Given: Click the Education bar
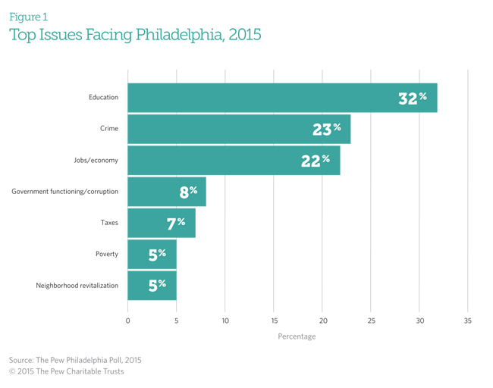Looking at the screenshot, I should [x=282, y=98].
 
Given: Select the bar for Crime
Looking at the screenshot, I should [x=239, y=129].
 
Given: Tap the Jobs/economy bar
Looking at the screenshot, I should [x=234, y=160].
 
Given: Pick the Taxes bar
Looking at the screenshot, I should [x=161, y=223].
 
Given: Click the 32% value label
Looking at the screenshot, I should [x=413, y=98].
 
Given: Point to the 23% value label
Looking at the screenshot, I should [x=326, y=129].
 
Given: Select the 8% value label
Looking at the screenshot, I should [x=188, y=192].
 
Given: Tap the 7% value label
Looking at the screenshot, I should [x=176, y=223].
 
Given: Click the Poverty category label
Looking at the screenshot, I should [x=107, y=254].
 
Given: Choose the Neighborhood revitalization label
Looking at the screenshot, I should [x=77, y=286].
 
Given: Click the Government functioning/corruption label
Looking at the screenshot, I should [x=65, y=192].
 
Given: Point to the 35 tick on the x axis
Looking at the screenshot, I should [x=467, y=321].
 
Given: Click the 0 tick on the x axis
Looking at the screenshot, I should [x=127, y=321].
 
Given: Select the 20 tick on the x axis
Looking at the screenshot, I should [x=322, y=321].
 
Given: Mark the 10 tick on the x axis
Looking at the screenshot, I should [x=225, y=321].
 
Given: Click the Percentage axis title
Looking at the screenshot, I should [x=297, y=336].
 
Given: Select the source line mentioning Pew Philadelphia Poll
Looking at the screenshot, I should [x=75, y=360].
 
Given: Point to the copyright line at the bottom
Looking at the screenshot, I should [x=66, y=371].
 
